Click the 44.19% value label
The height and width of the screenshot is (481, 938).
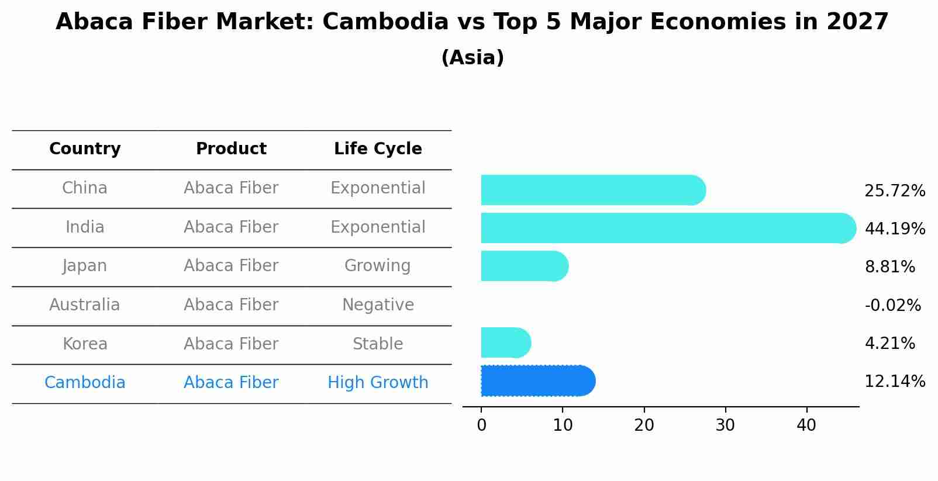coord(895,229)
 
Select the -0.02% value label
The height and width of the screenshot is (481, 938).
coord(892,305)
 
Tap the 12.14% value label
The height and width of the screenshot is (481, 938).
coord(895,382)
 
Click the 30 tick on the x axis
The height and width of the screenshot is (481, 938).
coord(725,425)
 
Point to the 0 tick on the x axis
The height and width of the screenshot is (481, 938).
coord(481,425)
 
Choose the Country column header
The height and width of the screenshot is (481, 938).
coord(85,149)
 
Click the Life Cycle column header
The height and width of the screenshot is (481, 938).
coord(378,149)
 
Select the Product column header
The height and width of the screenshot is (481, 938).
coord(231,149)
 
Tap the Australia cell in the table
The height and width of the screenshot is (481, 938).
coord(85,305)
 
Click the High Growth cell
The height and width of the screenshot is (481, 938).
coord(378,383)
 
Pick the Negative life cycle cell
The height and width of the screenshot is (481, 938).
coord(378,305)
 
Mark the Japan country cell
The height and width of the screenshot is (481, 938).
coord(85,266)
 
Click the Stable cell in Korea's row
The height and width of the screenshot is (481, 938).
coord(378,344)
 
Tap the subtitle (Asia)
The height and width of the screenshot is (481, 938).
coord(473,58)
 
